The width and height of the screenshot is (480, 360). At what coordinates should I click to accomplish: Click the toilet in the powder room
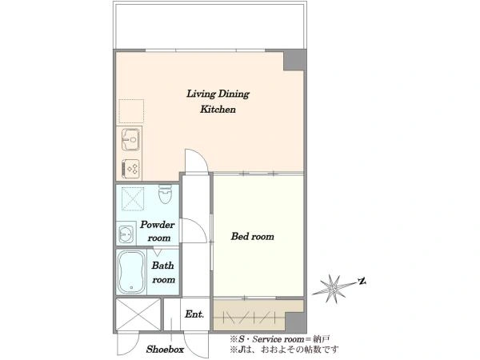pyautogui.click(x=166, y=194)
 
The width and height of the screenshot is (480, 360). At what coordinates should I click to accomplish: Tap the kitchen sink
pyautogui.click(x=130, y=139)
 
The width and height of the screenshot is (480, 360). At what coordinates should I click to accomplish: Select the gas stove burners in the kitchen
pyautogui.click(x=131, y=168)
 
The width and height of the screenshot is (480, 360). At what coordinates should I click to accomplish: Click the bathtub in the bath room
pyautogui.click(x=131, y=272)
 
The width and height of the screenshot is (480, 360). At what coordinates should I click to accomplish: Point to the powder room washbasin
pyautogui.click(x=126, y=234)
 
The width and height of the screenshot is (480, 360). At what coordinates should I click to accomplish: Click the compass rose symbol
pyautogui.click(x=332, y=288)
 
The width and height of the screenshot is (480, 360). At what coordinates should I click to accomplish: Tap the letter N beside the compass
pyautogui.click(x=362, y=281)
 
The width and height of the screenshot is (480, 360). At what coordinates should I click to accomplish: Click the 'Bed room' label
pyautogui.click(x=253, y=236)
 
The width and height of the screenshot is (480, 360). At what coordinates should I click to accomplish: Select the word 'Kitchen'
pyautogui.click(x=218, y=110)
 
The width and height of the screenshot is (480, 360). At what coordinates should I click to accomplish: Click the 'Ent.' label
pyautogui.click(x=194, y=314)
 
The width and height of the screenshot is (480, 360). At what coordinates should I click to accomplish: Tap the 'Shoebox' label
pyautogui.click(x=165, y=350)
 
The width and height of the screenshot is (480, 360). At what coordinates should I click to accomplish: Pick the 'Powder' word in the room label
pyautogui.click(x=158, y=225)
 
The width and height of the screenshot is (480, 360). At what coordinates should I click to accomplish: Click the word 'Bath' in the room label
pyautogui.click(x=162, y=266)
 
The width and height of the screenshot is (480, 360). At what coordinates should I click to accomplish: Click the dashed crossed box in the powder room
pyautogui.click(x=133, y=199)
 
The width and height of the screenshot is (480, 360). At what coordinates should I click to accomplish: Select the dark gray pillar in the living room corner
pyautogui.click(x=294, y=60)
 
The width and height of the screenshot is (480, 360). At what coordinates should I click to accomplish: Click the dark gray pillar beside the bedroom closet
pyautogui.click(x=295, y=322)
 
